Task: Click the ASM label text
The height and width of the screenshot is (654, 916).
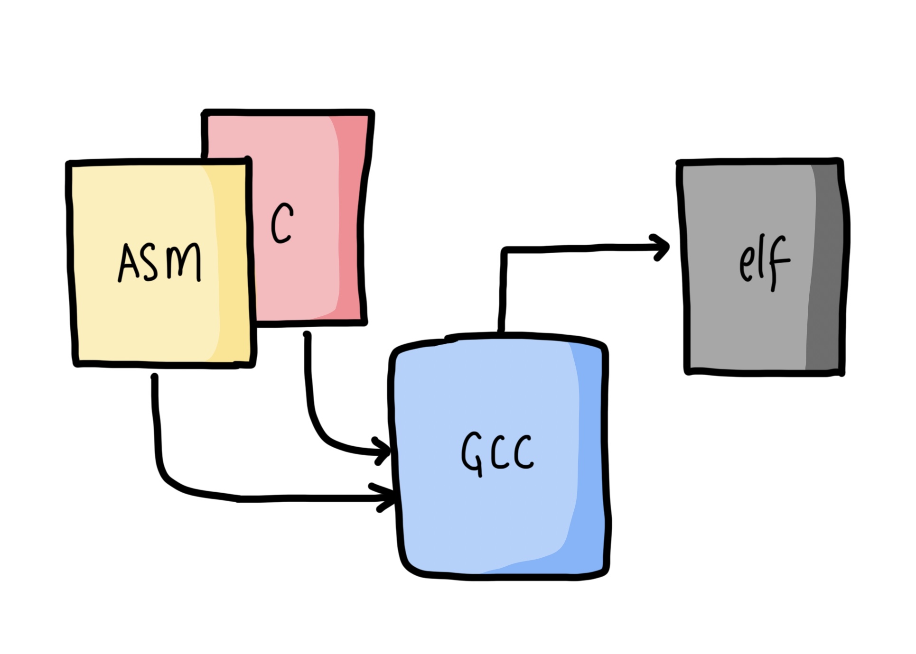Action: [160, 262]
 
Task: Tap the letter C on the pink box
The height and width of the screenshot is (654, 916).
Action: [282, 223]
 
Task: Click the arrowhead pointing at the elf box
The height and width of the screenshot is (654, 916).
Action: [662, 247]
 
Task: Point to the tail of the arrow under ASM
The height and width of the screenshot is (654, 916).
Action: [154, 378]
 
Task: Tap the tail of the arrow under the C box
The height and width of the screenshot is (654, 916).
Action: [307, 336]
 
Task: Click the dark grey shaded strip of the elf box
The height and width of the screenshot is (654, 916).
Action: [826, 266]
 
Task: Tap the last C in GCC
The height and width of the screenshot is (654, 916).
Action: [524, 453]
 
